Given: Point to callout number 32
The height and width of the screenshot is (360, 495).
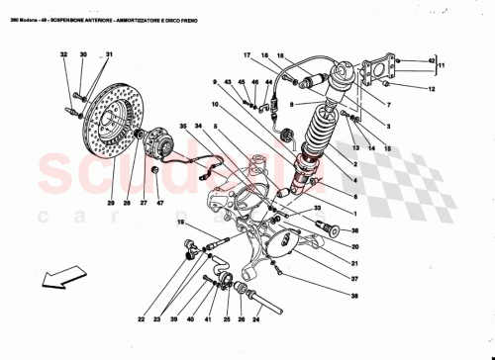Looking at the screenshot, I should [x=61, y=55].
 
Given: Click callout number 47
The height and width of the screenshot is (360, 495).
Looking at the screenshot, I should [x=159, y=204].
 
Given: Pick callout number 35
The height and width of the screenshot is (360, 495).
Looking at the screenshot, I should [x=182, y=126].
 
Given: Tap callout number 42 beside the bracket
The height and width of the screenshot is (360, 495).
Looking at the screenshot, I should [x=430, y=61].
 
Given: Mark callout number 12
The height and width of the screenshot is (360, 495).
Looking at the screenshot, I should [x=432, y=91].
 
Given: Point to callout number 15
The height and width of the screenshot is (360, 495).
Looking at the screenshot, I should [x=386, y=148].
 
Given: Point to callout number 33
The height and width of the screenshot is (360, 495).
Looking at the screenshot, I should [x=319, y=208].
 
